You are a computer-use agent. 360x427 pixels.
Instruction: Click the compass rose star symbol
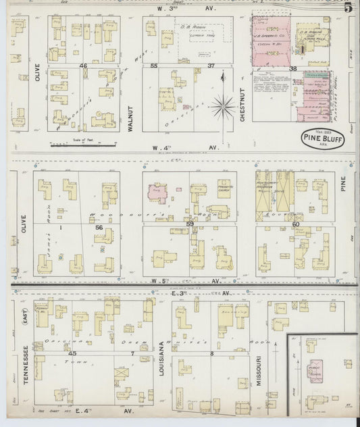222,106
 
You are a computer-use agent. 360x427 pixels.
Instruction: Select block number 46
84,66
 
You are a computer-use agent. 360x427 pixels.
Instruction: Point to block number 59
190,224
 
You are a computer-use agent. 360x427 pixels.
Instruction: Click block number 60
295,224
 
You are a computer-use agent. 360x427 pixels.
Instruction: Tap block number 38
293,69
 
